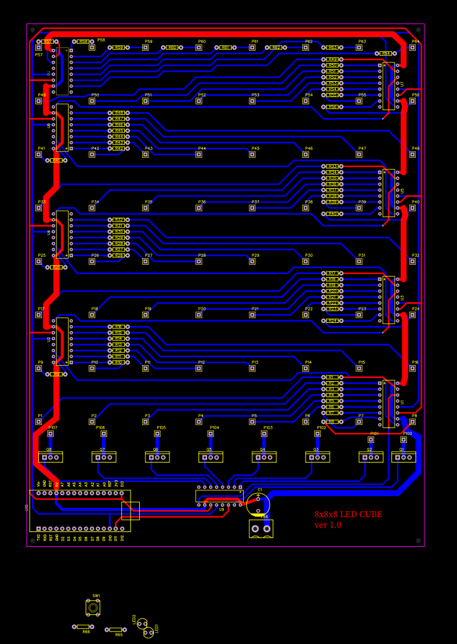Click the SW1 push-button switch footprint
click(93, 608)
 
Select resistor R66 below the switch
click(83, 627)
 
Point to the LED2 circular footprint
click(142, 624)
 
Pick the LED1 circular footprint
click(148, 632)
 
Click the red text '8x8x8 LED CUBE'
click(348, 514)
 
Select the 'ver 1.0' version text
click(328, 525)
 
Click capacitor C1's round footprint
click(258, 504)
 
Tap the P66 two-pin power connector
click(261, 529)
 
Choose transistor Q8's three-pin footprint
click(51, 457)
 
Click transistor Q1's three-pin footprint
click(403, 457)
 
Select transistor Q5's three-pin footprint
click(210, 457)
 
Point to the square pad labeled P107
click(51, 434)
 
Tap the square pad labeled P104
click(210, 434)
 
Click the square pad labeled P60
click(199, 48)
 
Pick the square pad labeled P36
click(199, 208)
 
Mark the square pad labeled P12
click(199, 368)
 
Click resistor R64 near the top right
click(387, 53)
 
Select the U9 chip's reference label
click(221, 509)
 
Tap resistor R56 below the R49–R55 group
click(333, 107)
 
